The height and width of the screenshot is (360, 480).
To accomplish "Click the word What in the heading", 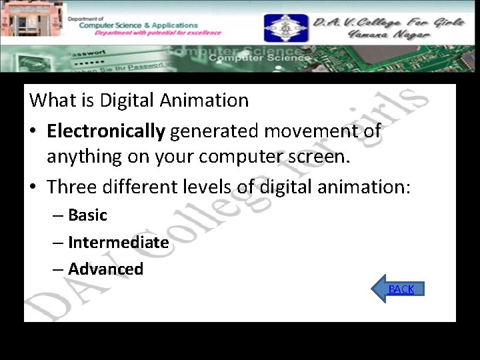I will click(52, 101).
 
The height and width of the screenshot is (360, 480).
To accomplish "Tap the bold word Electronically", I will click(105, 131).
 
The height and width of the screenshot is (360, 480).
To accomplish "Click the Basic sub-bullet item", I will click(87, 215).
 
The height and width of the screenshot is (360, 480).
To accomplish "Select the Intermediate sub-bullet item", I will click(118, 243).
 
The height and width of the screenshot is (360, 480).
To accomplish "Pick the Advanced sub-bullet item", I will click(105, 269).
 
